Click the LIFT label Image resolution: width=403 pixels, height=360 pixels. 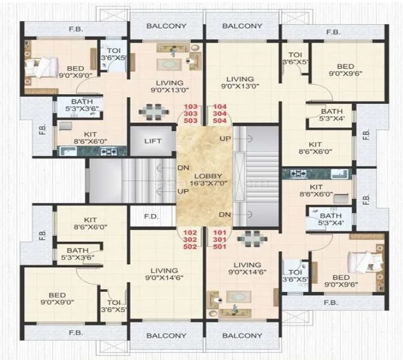coord(152,141)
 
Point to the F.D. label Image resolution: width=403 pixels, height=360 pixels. coord(152,217)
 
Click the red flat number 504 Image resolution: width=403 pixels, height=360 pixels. coord(220,121)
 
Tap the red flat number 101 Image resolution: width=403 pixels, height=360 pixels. coord(220,233)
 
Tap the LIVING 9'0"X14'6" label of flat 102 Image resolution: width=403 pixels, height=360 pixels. coord(163,275)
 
